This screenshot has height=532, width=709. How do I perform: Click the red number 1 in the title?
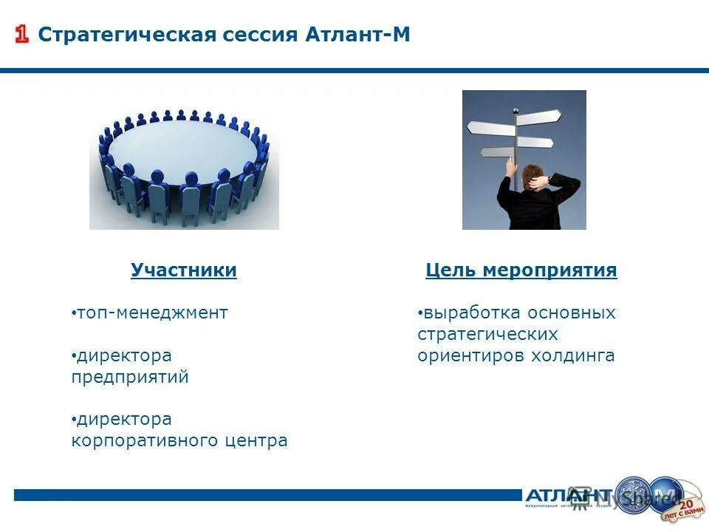pyautogui.click(x=22, y=35)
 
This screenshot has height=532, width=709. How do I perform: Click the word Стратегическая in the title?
pyautogui.click(x=127, y=35)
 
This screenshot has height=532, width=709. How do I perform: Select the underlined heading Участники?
pyautogui.click(x=184, y=270)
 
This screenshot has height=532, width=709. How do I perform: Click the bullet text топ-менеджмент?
pyautogui.click(x=153, y=313)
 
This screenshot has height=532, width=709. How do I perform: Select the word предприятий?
pyautogui.click(x=130, y=377)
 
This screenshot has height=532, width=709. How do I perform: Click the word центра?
pyautogui.click(x=257, y=441)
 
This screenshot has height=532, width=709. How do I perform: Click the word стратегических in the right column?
pyautogui.click(x=487, y=334)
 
